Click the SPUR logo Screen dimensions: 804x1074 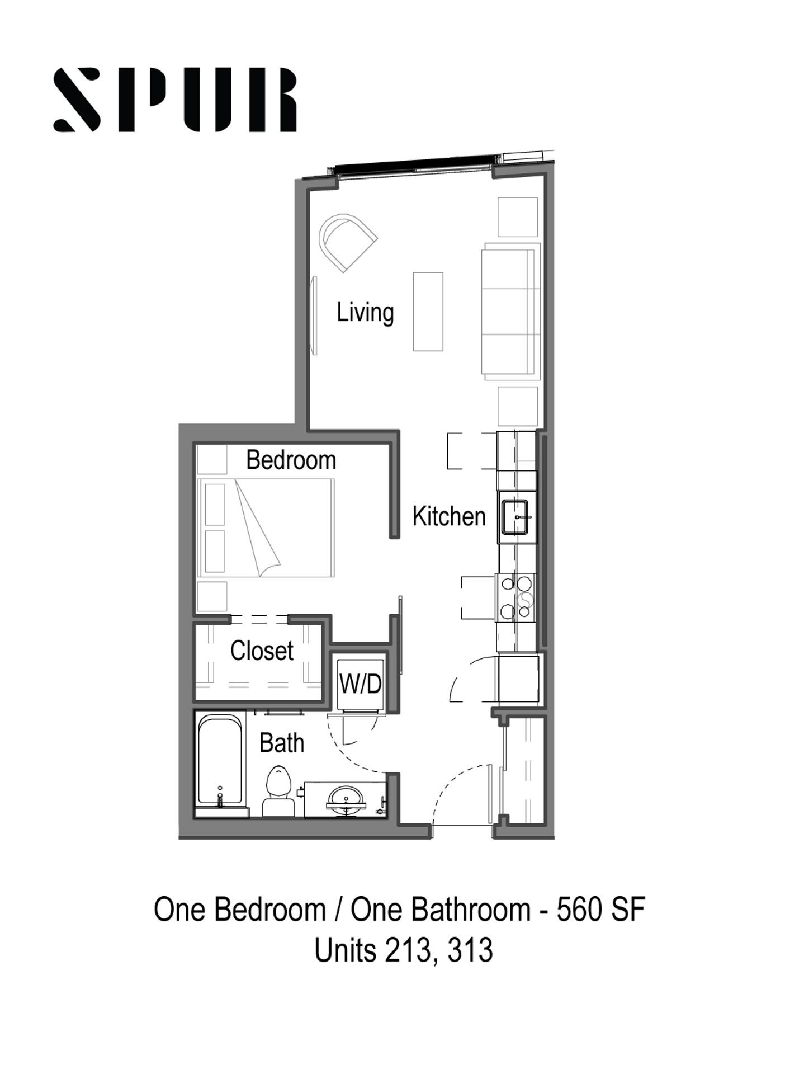pos(174,100)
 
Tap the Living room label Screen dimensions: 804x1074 pos(365,312)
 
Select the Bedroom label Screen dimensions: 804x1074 pos(291,460)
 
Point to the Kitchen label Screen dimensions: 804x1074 pos(449,516)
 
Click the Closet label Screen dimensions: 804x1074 pos(262,651)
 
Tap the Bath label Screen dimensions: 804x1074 pos(282,743)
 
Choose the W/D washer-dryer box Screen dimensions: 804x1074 pos(361,684)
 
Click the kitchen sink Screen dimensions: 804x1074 pos(517,517)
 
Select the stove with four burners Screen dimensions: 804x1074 pos(515,597)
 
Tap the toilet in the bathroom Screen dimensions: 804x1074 pos(278,791)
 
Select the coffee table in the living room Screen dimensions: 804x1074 pos(428,312)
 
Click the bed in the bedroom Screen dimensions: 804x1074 pos(266,527)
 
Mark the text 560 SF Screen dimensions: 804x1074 pos(601,909)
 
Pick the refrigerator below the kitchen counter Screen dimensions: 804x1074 pos(518,678)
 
